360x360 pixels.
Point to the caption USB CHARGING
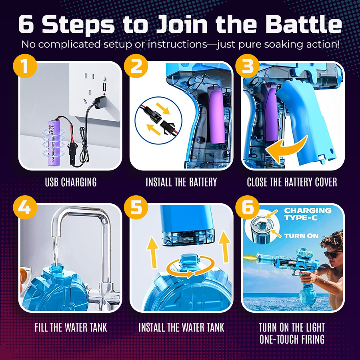[70, 182]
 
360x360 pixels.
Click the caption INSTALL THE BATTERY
[181, 182]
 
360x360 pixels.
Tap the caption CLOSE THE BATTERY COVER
[292, 182]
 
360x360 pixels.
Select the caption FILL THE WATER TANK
[70, 327]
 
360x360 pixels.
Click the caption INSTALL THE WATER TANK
[181, 327]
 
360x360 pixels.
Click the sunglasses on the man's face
[332, 254]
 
